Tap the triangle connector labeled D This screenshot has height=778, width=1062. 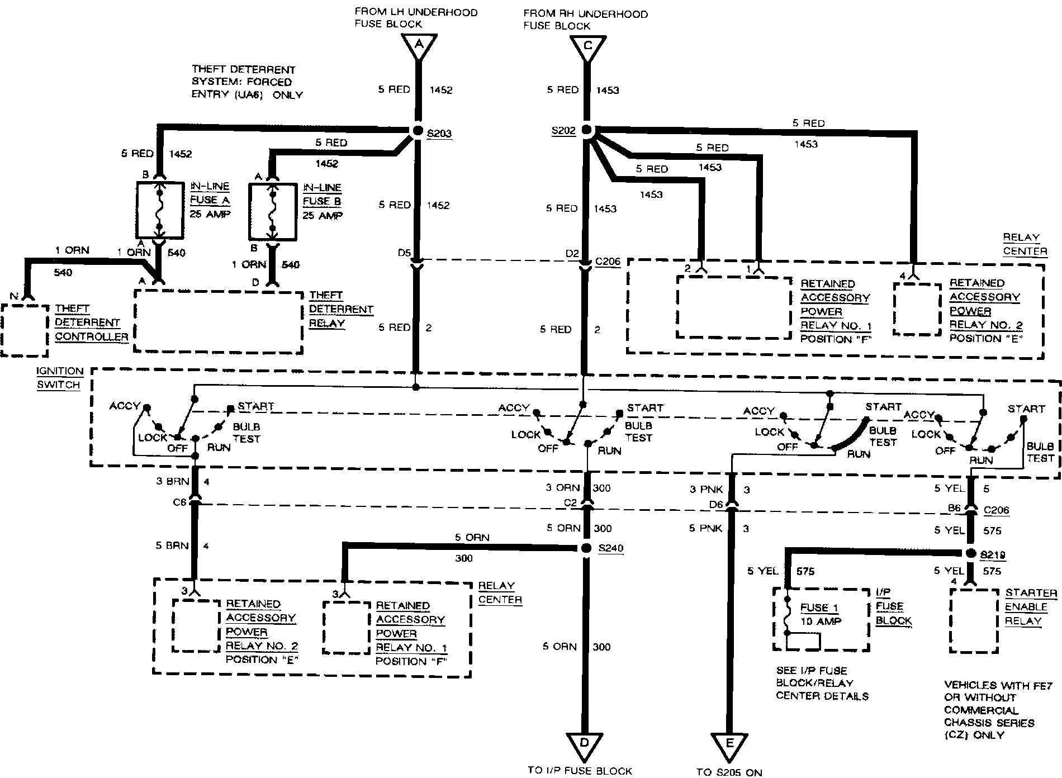(585, 744)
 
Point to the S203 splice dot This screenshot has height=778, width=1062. (418, 131)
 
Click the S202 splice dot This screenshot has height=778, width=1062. (586, 130)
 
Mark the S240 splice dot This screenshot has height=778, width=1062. (586, 548)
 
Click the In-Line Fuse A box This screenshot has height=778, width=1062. (159, 210)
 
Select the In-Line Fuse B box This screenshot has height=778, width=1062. (272, 211)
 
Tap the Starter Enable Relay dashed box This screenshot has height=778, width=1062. (974, 621)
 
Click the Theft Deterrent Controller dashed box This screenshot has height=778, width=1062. (25, 330)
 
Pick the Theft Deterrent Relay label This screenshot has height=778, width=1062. (340, 309)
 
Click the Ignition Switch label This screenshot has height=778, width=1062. (59, 378)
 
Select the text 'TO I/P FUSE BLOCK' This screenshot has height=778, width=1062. (580, 771)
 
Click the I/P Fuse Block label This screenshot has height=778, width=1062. (893, 607)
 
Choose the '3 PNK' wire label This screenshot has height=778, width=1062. (707, 490)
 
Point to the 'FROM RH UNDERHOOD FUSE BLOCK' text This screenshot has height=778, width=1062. (585, 20)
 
